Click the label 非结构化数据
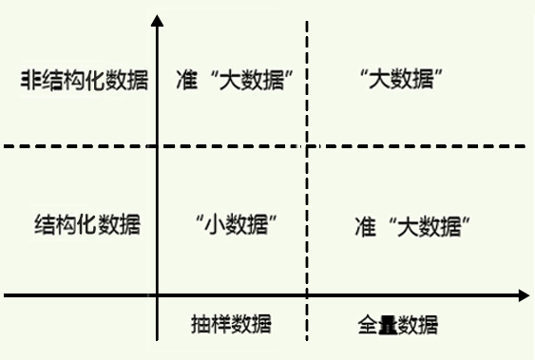tap(85, 80)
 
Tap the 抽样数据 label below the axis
tap(230, 324)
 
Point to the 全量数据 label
tap(398, 325)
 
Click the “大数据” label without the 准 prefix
tap(405, 79)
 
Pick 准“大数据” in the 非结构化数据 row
tap(232, 80)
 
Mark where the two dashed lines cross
tap(307, 146)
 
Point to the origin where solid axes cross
tap(157, 296)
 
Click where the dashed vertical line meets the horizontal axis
tap(307, 296)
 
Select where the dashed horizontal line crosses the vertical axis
tap(157, 146)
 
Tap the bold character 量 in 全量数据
tap(387, 325)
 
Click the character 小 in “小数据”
tap(216, 225)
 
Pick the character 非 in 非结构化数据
tap(31, 80)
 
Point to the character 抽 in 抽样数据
tap(199, 324)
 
